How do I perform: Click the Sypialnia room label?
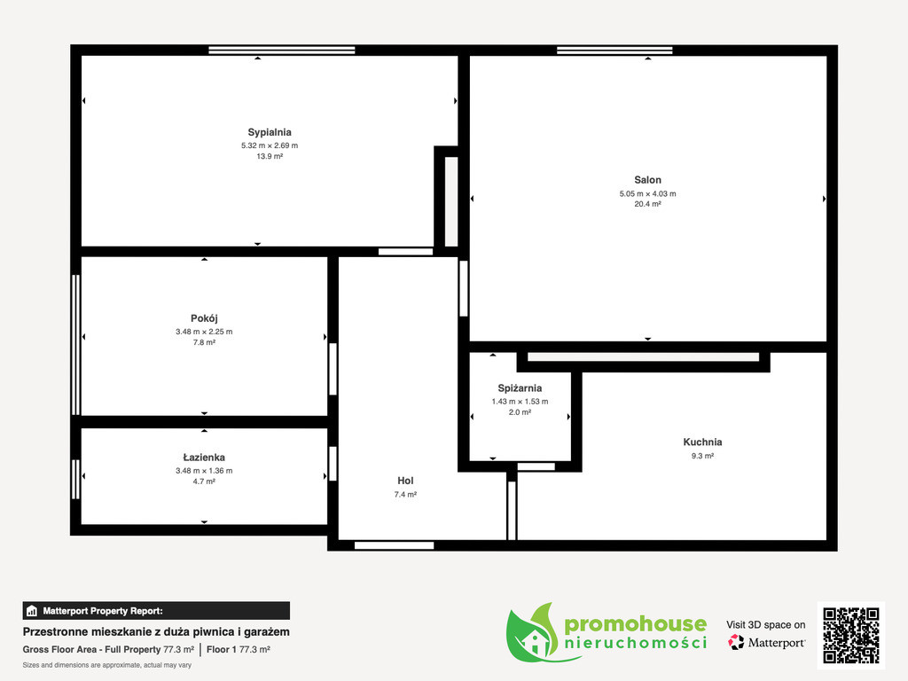pos(270,133)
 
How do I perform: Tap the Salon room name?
pos(647,180)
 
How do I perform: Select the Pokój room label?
pos(204,318)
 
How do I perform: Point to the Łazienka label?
pos(204,458)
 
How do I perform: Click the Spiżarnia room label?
pos(520,388)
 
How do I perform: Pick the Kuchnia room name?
pos(702,442)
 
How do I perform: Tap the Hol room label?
pos(405,481)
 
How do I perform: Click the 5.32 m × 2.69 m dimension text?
pos(270,145)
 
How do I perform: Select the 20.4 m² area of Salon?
pos(647,204)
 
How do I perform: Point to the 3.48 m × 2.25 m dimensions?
pos(204,332)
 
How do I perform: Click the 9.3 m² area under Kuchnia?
pos(702,456)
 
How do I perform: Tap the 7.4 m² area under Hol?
pos(405,495)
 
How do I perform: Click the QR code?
pos(851,635)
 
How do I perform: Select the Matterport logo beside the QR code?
pos(766,642)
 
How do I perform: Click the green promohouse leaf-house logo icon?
pos(533,633)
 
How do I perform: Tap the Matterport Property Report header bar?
pos(156,611)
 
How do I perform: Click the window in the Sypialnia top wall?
pos(281,51)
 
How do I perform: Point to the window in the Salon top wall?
pos(614,51)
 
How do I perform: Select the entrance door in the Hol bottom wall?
pos(395,545)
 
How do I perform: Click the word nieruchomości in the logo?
pos(635,643)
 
